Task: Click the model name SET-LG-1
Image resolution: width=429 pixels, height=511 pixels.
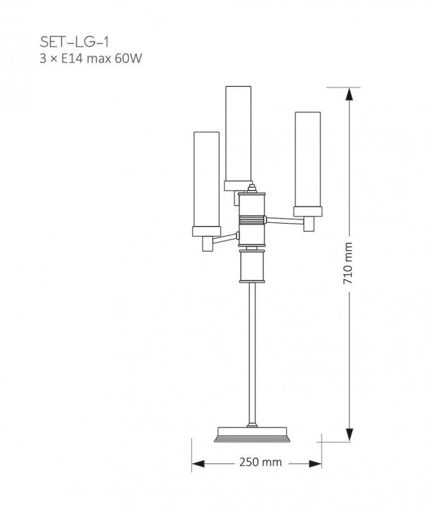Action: (74, 42)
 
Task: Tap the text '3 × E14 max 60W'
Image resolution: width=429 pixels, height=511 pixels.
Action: (91, 59)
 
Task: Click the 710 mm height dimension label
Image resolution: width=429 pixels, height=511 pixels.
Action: (348, 263)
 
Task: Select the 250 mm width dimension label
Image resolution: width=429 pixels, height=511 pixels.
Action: (260, 462)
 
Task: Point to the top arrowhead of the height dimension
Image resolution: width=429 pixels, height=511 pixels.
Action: (349, 95)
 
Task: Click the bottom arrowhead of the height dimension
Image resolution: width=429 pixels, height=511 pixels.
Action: (349, 435)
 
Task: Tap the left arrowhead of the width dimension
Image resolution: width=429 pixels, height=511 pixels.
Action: (198, 464)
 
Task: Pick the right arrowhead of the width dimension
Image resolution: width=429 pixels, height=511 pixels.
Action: (315, 464)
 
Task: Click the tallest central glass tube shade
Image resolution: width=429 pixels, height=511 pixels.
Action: (239, 133)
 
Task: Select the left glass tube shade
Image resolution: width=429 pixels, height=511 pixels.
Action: (206, 179)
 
